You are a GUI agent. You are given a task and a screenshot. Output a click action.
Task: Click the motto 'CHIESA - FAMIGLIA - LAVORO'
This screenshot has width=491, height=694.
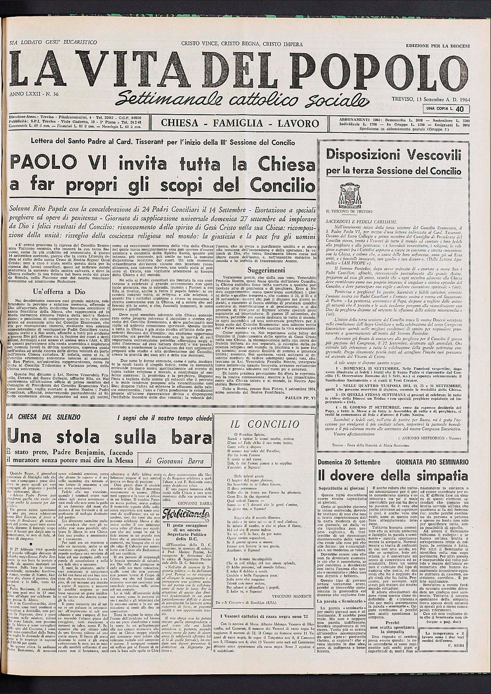tap(240, 123)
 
